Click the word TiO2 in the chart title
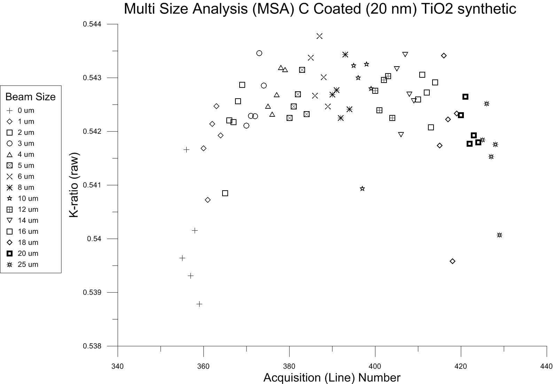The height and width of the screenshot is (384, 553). [436, 9]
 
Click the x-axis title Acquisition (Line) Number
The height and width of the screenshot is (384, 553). [332, 377]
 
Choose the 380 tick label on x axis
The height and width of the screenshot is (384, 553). [289, 366]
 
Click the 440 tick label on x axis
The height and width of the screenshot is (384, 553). [546, 366]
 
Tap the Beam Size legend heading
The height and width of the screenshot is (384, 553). [31, 97]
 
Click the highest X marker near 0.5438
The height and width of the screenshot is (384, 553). [319, 36]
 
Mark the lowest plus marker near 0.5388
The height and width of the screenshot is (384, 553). [199, 304]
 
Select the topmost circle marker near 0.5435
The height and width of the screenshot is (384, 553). [259, 53]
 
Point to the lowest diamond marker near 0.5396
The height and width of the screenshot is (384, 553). [452, 261]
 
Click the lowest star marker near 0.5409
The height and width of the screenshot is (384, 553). [362, 189]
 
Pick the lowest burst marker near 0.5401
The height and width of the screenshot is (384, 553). [499, 235]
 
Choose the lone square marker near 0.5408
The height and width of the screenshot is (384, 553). [225, 193]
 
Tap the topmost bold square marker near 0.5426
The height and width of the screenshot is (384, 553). [465, 97]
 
